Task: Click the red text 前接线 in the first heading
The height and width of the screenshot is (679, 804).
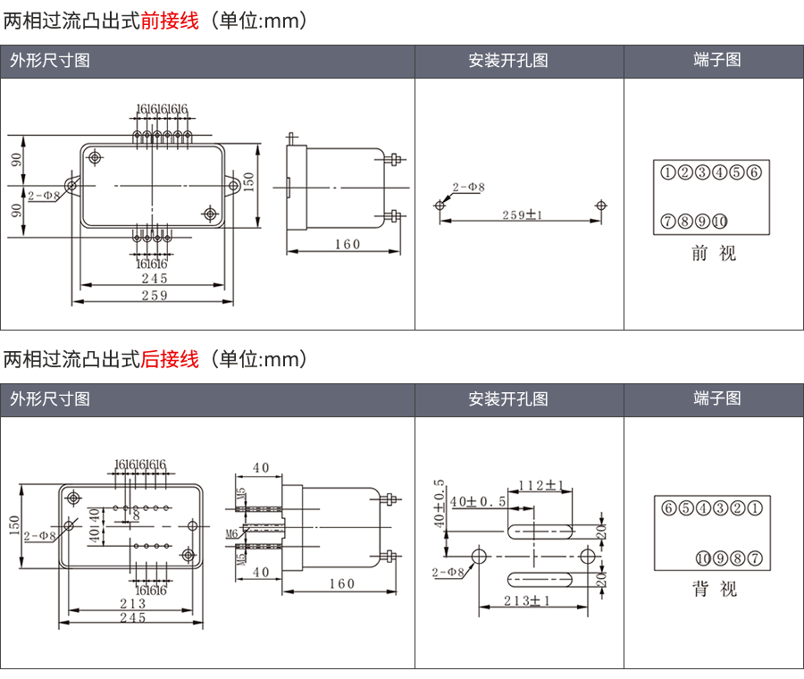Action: tap(170, 21)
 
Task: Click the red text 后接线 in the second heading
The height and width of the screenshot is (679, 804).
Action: tap(170, 359)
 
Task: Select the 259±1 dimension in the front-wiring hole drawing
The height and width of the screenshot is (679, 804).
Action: tap(523, 214)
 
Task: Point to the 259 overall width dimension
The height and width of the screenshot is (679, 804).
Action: tap(154, 296)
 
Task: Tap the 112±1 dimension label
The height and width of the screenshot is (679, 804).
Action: tap(542, 485)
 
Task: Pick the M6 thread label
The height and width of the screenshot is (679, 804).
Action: tap(231, 533)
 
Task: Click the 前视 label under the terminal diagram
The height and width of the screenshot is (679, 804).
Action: tap(713, 254)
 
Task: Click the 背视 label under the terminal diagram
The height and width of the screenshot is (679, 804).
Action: tap(713, 590)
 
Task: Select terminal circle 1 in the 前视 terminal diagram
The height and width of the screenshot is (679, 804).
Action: tap(667, 172)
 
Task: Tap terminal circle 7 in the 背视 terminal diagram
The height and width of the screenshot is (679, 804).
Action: tap(756, 559)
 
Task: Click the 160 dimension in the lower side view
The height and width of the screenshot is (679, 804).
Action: tap(341, 583)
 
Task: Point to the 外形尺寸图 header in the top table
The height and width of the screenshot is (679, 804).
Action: tap(50, 61)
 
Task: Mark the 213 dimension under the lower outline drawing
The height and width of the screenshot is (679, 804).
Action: tap(132, 604)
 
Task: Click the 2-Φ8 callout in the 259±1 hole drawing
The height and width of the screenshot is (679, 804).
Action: tap(468, 188)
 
